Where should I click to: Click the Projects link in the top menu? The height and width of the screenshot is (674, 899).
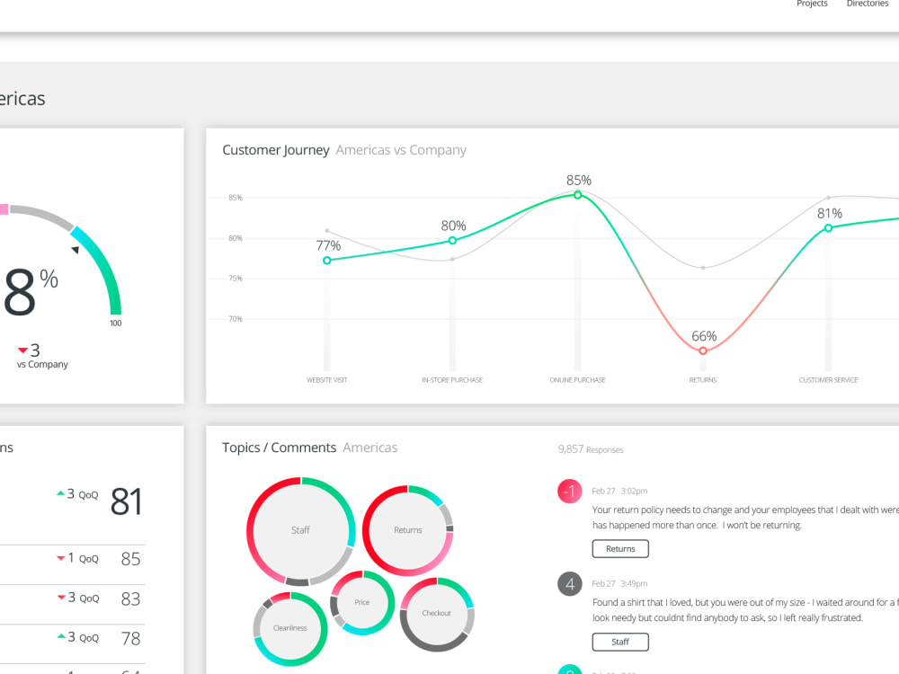[812, 4]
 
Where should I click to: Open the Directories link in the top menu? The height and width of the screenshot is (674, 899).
[867, 4]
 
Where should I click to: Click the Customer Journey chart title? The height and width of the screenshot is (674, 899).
[276, 150]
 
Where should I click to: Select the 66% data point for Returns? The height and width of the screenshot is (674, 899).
[703, 351]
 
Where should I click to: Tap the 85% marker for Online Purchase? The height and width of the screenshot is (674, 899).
[578, 194]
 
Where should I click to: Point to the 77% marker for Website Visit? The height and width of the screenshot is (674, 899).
[327, 261]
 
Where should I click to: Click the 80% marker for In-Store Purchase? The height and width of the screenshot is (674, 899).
[452, 241]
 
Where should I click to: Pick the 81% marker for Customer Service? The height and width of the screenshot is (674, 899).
[828, 228]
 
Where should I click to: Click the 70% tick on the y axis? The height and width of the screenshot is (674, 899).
[235, 319]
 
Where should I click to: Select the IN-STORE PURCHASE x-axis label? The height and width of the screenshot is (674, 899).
[452, 380]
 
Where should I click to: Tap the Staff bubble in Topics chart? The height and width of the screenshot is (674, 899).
[300, 530]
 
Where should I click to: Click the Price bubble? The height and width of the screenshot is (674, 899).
[361, 602]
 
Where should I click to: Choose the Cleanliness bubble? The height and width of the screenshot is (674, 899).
[290, 628]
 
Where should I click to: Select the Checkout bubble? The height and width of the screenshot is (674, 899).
[437, 613]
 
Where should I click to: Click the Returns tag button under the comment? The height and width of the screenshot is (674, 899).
[619, 549]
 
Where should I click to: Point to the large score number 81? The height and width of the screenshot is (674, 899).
[126, 501]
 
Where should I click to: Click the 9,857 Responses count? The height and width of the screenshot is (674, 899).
[590, 449]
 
